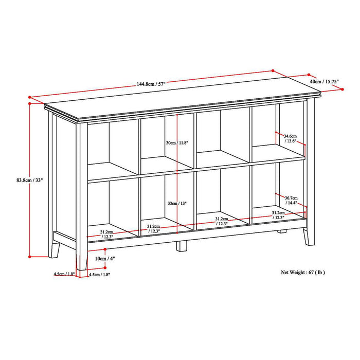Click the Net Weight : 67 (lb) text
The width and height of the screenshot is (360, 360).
(302, 272)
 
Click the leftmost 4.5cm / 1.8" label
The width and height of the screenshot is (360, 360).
(64, 274)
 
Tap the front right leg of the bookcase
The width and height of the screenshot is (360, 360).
(309, 234)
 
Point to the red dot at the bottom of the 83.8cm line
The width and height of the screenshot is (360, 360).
(30, 256)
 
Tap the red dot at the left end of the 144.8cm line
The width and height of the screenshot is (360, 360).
(31, 96)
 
